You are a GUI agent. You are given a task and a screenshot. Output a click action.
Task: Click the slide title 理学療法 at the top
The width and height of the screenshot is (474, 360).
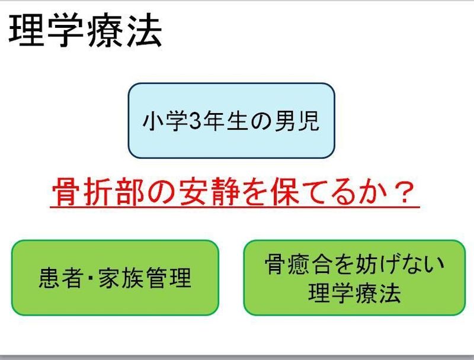(85, 31)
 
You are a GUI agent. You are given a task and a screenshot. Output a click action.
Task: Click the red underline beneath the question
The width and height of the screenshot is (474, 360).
(235, 207)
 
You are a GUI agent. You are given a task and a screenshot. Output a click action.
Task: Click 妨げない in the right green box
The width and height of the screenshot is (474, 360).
(402, 263)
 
